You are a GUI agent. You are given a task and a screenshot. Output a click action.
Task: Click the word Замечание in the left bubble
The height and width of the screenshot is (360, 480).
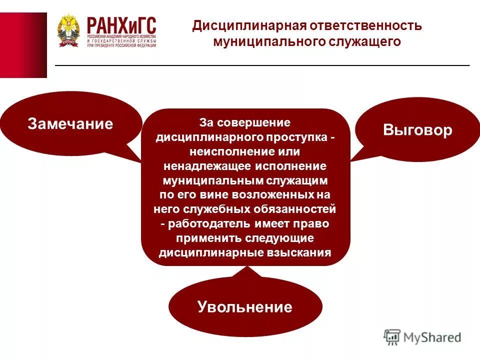click(70, 124)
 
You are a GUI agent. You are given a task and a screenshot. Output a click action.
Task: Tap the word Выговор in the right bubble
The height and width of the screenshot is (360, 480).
click(417, 130)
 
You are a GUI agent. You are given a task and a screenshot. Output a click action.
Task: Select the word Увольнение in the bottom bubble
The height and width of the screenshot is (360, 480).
click(244, 306)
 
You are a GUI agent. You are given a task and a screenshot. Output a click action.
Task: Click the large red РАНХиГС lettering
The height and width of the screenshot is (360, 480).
click(121, 24)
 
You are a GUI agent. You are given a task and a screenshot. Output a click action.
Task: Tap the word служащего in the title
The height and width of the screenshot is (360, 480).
click(364, 41)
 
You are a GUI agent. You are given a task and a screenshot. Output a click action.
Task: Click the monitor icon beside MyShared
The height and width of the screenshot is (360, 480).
click(392, 337)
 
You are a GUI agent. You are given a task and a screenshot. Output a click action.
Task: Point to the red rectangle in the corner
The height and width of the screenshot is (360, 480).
click(23, 45)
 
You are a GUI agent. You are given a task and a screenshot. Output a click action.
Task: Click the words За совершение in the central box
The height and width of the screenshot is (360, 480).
click(244, 122)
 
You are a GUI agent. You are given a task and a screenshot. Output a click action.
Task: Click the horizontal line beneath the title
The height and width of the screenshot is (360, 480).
click(262, 65)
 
